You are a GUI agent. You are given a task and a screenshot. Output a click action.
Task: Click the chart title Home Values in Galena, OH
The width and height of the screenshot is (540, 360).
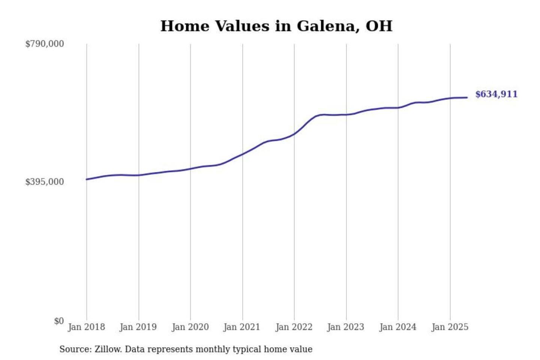pyautogui.click(x=276, y=26)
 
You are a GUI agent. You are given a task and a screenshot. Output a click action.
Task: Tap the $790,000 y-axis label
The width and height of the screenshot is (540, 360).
pyautogui.click(x=45, y=44)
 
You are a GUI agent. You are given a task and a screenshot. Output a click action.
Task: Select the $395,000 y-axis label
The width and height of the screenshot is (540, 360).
pyautogui.click(x=45, y=182)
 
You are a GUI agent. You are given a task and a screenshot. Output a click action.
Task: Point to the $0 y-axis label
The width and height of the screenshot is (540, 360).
pyautogui.click(x=59, y=321)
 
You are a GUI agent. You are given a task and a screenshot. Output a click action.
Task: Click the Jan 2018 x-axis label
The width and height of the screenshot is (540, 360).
pyautogui.click(x=86, y=327)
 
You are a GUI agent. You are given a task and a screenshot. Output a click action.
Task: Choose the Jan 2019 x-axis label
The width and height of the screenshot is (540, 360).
pyautogui.click(x=138, y=327)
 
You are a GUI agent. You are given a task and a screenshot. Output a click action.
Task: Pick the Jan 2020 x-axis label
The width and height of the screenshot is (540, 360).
pyautogui.click(x=190, y=327)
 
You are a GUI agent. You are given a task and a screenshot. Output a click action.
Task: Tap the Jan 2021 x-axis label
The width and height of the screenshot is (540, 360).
pyautogui.click(x=242, y=327)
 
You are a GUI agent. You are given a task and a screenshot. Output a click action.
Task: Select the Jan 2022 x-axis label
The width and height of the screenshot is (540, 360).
pyautogui.click(x=294, y=327)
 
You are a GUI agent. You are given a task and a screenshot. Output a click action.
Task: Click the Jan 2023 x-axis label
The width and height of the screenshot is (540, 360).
pyautogui.click(x=346, y=327)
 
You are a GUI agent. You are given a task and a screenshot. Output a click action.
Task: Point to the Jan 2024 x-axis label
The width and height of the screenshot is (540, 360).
pyautogui.click(x=398, y=327)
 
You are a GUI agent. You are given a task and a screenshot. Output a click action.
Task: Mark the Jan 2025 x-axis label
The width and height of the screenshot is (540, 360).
pyautogui.click(x=450, y=327)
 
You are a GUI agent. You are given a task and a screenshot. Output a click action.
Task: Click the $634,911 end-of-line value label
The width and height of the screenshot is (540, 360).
pyautogui.click(x=496, y=94)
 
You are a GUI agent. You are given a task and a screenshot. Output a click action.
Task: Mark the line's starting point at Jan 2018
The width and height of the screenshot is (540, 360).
pyautogui.click(x=87, y=179)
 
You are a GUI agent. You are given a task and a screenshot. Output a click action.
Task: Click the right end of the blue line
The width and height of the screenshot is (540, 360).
pyautogui.click(x=467, y=97)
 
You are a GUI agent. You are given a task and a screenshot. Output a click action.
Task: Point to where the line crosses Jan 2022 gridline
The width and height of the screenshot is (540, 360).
pyautogui.click(x=294, y=133)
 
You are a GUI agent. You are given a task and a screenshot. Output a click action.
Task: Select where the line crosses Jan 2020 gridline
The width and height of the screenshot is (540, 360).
pyautogui.click(x=190, y=169)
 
